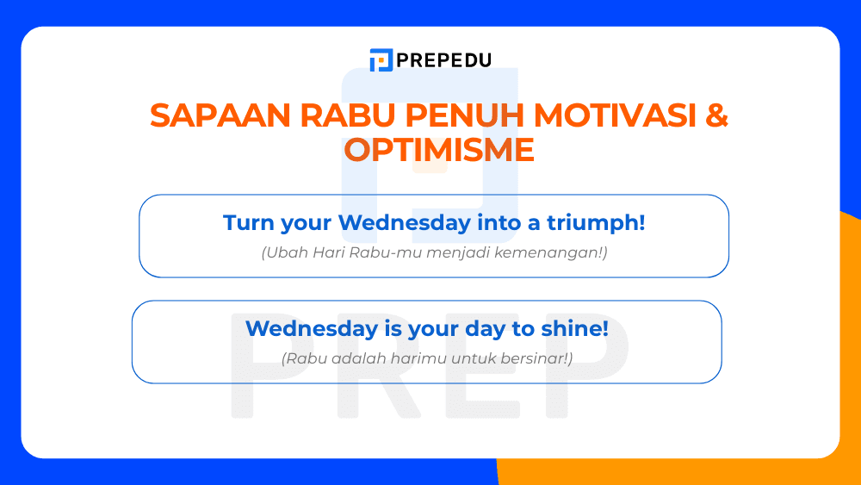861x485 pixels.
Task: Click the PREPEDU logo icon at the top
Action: click(x=381, y=60)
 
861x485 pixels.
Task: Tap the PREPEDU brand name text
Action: click(x=443, y=60)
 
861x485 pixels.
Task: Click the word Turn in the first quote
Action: click(x=246, y=222)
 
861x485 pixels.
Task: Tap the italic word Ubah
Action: click(x=282, y=253)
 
